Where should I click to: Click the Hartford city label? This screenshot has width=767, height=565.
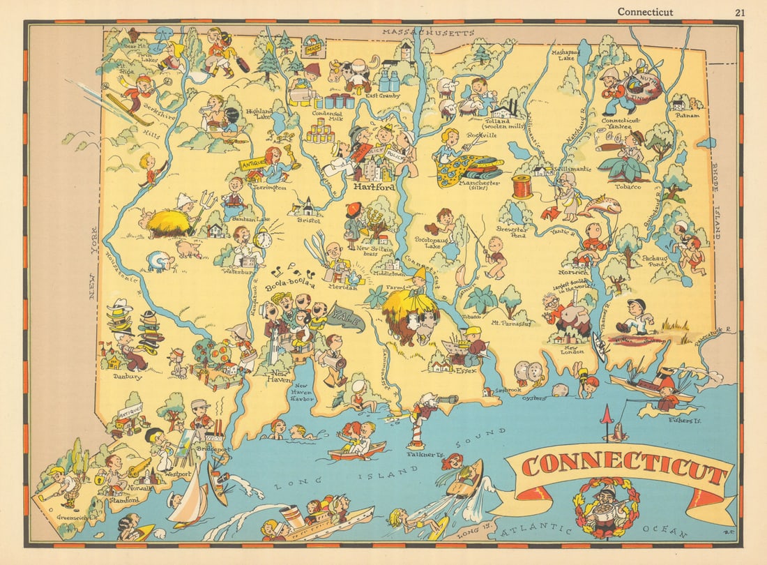374,188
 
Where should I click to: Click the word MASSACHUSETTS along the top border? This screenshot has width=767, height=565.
428,33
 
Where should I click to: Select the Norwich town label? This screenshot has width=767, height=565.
573,272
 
